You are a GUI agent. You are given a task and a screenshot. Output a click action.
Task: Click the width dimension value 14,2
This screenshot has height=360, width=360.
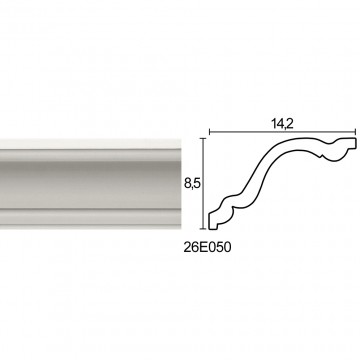282,123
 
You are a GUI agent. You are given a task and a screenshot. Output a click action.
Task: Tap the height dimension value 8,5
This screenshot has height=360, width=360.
191,183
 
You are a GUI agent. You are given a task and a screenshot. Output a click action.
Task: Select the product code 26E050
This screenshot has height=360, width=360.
207,248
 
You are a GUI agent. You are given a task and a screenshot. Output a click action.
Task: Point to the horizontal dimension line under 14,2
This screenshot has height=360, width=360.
283,132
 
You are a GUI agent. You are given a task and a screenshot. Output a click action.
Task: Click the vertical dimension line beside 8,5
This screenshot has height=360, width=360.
203,183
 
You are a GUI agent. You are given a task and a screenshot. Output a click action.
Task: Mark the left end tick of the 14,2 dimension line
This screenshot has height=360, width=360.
209,132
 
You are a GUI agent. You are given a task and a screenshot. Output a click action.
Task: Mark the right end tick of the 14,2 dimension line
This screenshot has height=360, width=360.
356,132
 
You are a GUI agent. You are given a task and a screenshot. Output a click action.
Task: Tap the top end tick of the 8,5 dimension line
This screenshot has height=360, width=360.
203,138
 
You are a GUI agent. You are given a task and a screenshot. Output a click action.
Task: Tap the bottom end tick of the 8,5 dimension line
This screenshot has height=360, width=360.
203,229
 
